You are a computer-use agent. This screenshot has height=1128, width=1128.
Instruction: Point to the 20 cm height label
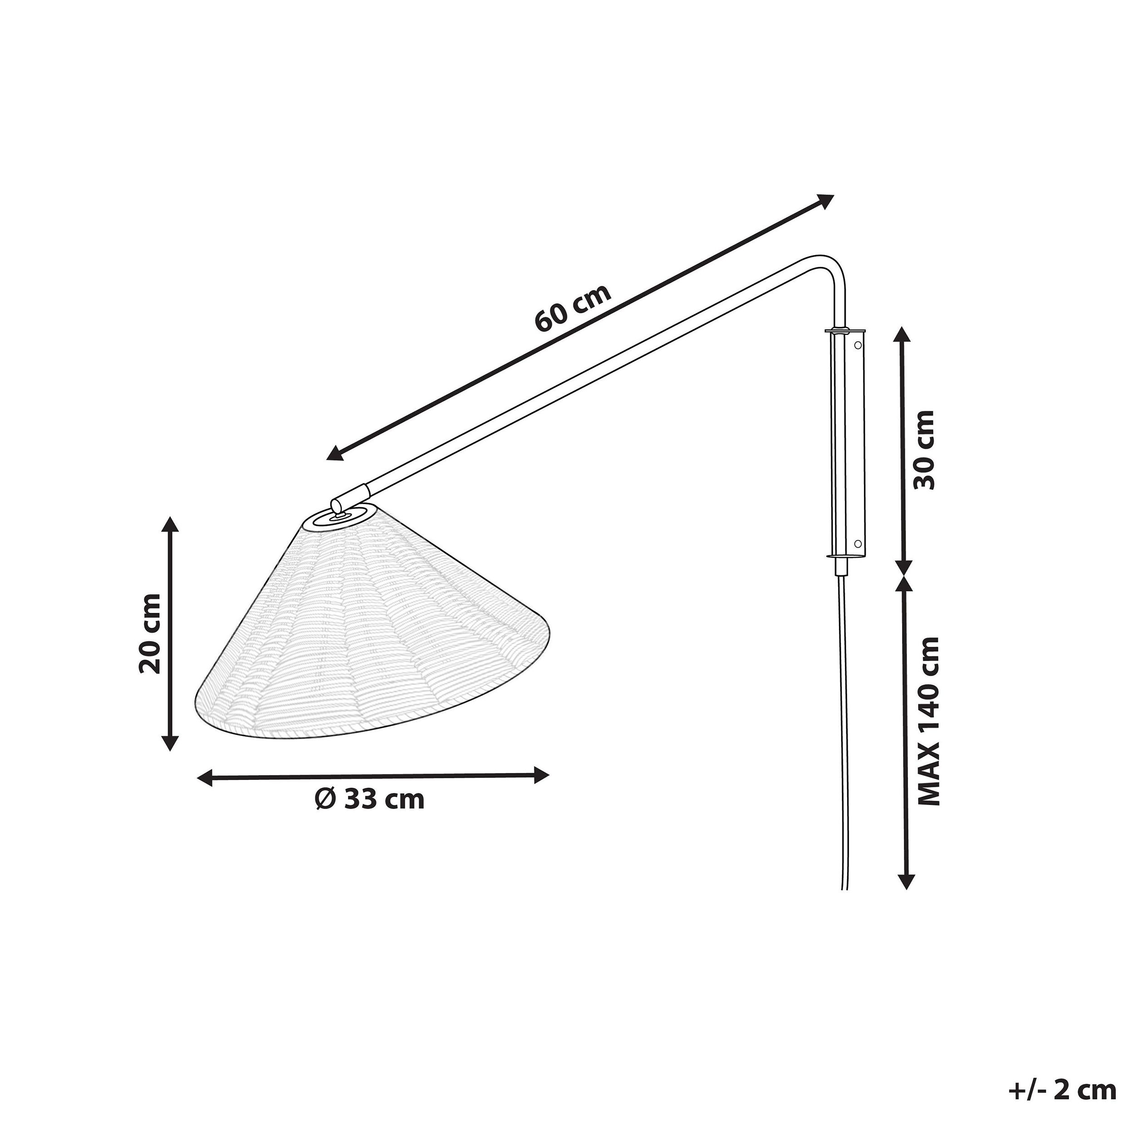tap(151, 633)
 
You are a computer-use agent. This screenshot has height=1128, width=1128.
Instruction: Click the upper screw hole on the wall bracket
tap(858, 346)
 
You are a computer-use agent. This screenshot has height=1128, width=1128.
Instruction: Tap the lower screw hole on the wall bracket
tap(858, 542)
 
